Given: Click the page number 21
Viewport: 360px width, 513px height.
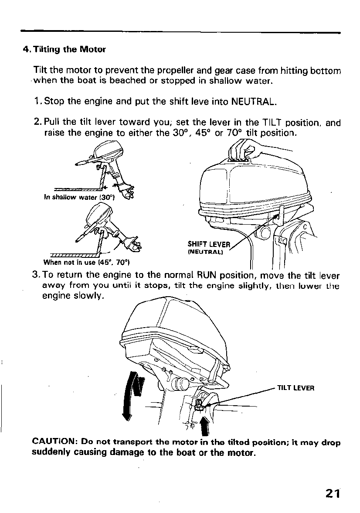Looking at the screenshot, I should pos(332,493).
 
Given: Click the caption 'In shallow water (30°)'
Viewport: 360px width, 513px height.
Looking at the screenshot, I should pos(79,197).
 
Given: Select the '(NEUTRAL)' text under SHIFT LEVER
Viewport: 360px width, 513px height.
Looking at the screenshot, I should pos(205,252).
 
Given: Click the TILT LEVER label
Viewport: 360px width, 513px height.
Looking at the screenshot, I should pos(295,387).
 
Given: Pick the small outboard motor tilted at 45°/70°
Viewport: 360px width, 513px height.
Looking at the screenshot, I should pos(109,231).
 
